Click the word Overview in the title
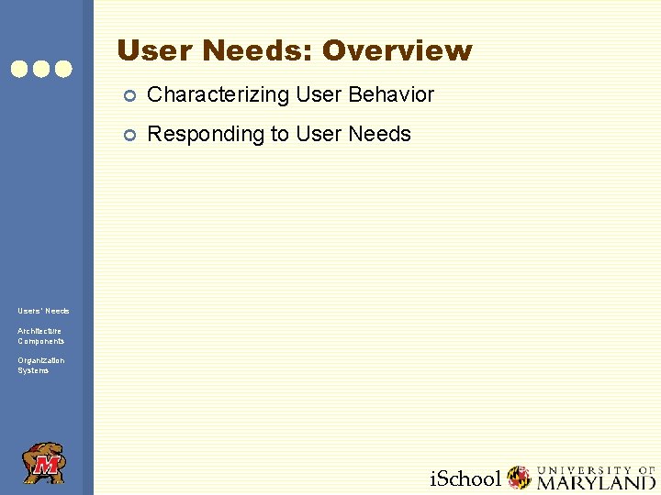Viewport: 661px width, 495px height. coord(397,51)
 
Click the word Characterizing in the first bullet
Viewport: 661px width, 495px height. coord(218,94)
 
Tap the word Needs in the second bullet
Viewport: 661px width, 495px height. coord(380,135)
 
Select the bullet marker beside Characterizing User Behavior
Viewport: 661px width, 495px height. coord(130,95)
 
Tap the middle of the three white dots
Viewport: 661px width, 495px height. coord(41,69)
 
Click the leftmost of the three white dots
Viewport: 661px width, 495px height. coord(19,69)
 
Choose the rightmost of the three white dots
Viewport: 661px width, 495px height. coord(63,69)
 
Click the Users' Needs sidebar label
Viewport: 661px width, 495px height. coord(43,311)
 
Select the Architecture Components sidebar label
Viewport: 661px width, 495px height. coord(40,335)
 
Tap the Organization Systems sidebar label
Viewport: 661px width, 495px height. coord(40,365)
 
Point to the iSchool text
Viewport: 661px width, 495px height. coord(465,478)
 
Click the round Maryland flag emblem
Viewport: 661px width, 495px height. coord(520,478)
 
